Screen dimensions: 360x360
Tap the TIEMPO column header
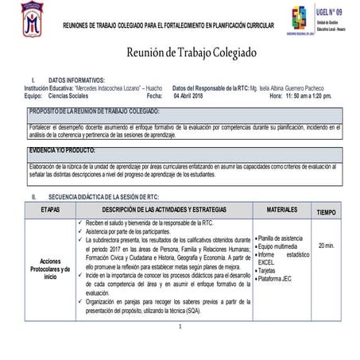(x=326, y=212)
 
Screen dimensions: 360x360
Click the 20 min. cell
(x=326, y=246)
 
